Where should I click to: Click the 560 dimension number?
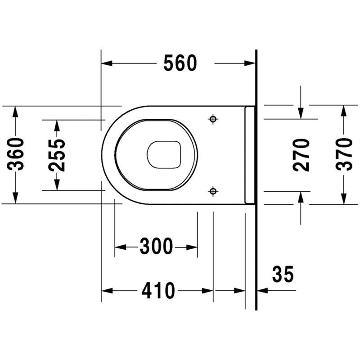coord(180,63)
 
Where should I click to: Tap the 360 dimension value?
coord(16,154)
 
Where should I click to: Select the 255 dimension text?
coord(57,155)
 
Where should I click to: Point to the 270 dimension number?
coord(301,155)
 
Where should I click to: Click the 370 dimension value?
coord(344,154)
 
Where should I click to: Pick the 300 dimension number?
coord(156,246)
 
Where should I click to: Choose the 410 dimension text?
coord(158,290)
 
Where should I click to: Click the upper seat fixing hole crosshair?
coord(213,119)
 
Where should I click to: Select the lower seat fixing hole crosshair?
coord(213,191)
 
